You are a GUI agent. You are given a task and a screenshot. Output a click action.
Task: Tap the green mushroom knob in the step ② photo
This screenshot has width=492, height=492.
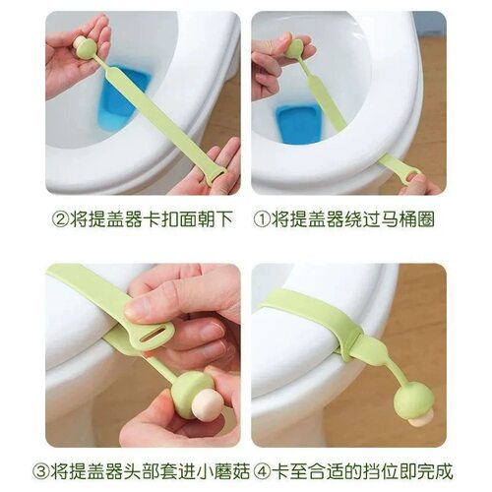click(87, 45)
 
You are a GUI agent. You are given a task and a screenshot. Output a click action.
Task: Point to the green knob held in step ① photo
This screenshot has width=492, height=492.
click(296, 47)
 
